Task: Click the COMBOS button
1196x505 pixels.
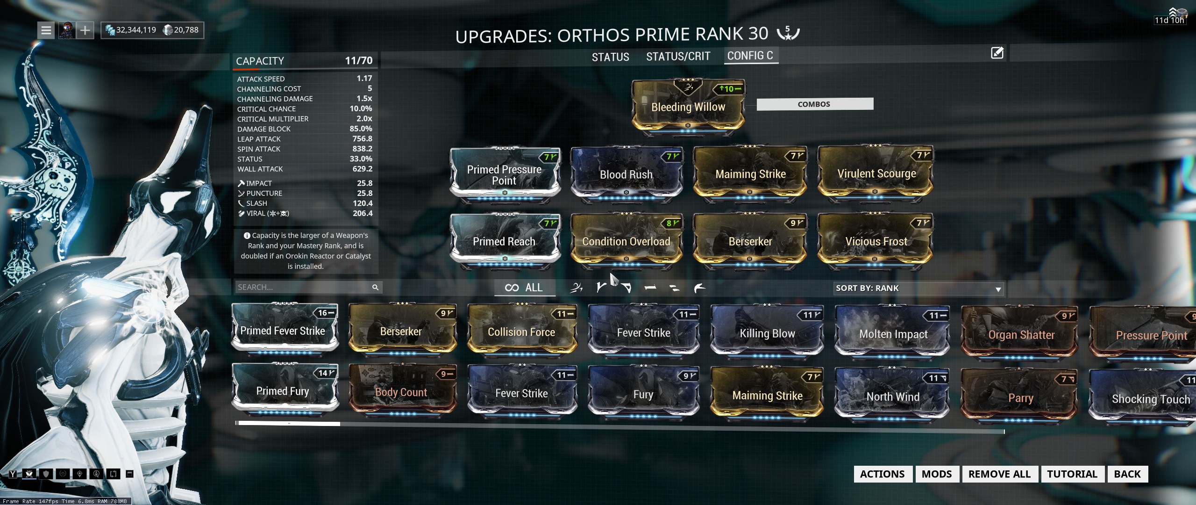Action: [814, 104]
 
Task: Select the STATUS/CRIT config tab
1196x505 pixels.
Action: [678, 57]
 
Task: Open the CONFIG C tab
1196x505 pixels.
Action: [750, 56]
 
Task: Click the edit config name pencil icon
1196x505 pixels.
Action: [997, 53]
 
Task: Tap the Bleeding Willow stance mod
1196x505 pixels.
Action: [688, 107]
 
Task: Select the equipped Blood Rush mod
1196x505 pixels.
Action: [626, 174]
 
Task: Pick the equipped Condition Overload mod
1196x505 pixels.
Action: [626, 241]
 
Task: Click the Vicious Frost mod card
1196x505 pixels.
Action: [876, 241]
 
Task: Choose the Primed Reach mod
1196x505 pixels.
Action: [504, 241]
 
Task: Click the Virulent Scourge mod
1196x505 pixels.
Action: [876, 174]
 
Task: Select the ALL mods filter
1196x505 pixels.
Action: [524, 288]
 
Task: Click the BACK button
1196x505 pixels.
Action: [1127, 474]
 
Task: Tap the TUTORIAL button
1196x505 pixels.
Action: [1072, 474]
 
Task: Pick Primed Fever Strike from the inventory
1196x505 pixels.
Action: [283, 331]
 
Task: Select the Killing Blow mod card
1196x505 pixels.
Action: [767, 333]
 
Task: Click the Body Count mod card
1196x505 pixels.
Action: [401, 392]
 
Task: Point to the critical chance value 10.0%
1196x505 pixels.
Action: [361, 108]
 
